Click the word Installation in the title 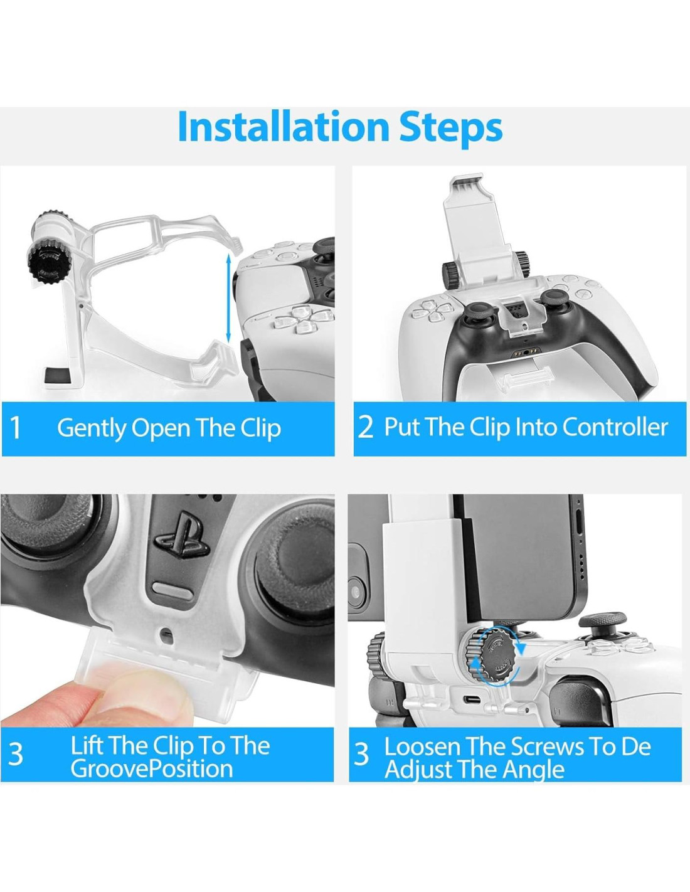tap(283, 127)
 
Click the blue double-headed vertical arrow tap(228, 297)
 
